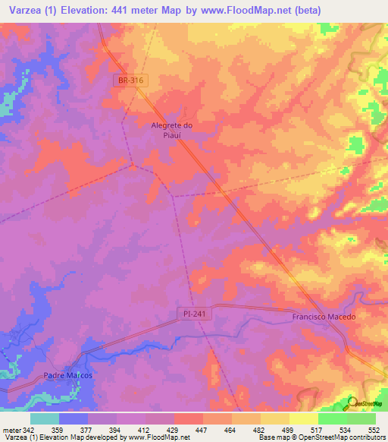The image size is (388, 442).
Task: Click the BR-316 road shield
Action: pyautogui.click(x=130, y=80)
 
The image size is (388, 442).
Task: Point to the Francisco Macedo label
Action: pyautogui.click(x=324, y=317)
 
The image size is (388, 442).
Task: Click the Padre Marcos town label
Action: pyautogui.click(x=67, y=376)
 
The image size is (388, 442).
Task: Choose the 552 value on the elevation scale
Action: pyautogui.click(x=362, y=429)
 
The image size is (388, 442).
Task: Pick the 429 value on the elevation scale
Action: pyautogui.click(x=174, y=429)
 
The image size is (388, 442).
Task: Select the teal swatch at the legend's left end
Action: pyautogui.click(x=44, y=418)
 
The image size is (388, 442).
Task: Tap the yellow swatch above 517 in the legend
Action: pyautogui.click(x=304, y=418)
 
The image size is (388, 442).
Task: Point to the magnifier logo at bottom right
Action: pyautogui.click(x=352, y=403)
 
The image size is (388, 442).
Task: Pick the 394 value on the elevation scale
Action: pyautogui.click(x=117, y=429)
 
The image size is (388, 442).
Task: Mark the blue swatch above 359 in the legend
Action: pyautogui.click(x=73, y=418)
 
